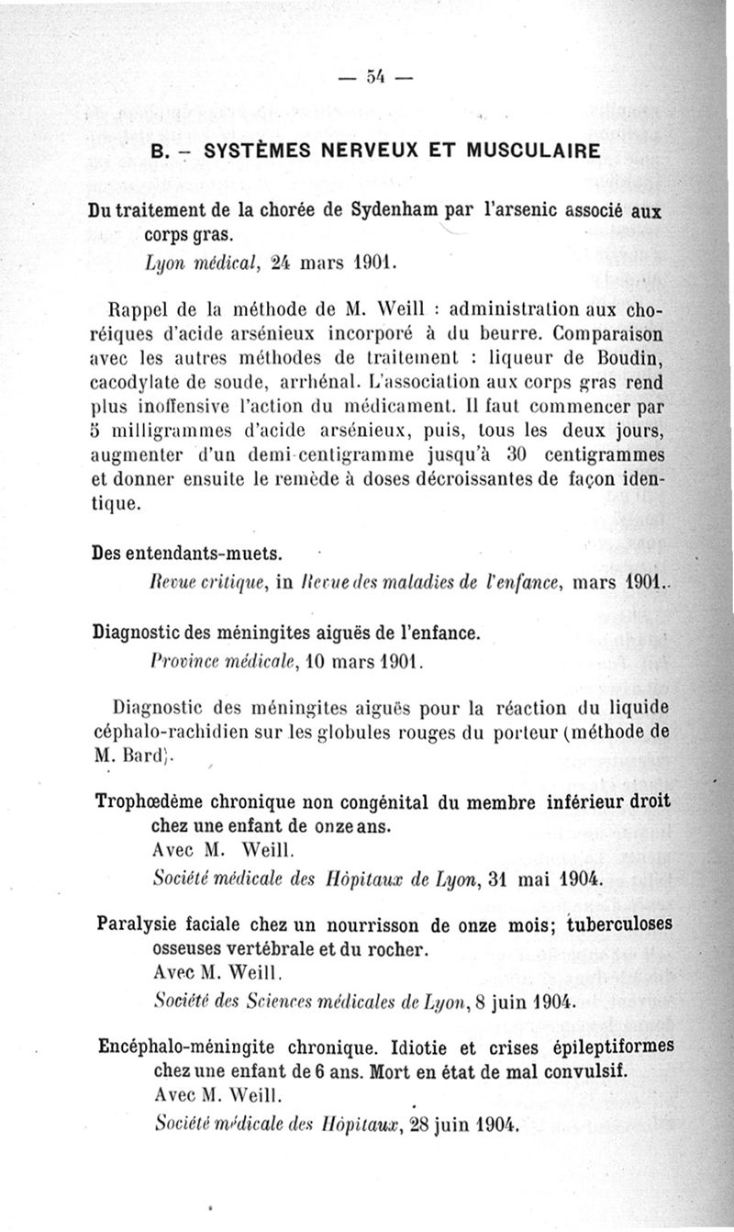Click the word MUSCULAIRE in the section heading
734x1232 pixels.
click(522, 150)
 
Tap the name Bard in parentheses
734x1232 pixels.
click(147, 756)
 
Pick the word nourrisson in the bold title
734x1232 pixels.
click(360, 924)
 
